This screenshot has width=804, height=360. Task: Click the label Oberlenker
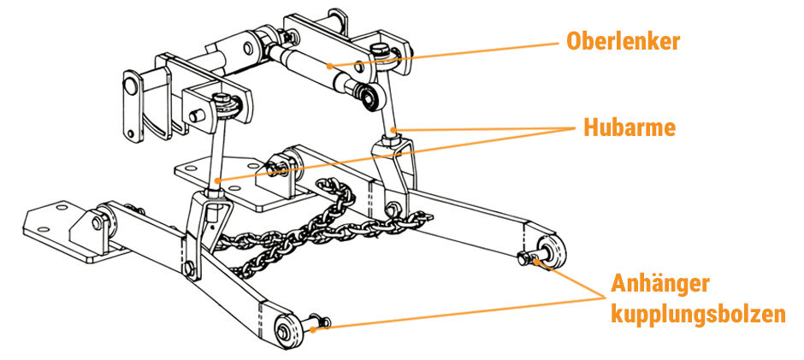(623, 41)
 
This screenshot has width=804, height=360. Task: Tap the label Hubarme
(629, 127)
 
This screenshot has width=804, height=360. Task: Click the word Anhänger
(660, 284)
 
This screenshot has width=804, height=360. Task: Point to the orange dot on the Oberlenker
(329, 65)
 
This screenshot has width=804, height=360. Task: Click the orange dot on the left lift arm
(218, 180)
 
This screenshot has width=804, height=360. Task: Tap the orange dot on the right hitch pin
(536, 262)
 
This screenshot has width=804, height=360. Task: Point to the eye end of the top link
(370, 97)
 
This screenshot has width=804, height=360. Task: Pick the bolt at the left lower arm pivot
(97, 222)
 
